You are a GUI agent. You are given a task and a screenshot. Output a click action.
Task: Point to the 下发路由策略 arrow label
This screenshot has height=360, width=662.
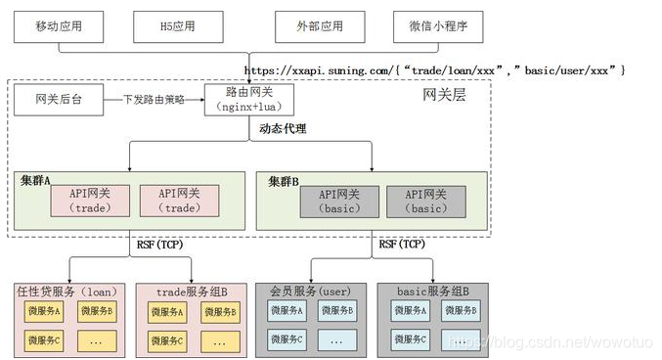point(154,99)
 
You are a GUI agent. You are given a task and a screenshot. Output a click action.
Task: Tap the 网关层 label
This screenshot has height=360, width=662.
point(444,95)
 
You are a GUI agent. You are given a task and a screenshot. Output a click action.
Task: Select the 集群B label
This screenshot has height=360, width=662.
point(284,180)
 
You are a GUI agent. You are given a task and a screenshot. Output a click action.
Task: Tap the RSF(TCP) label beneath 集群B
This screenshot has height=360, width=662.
point(401,244)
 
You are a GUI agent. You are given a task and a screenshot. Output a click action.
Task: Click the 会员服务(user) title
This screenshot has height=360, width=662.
point(310,291)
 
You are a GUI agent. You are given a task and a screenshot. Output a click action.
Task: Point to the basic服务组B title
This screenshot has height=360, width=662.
point(433,291)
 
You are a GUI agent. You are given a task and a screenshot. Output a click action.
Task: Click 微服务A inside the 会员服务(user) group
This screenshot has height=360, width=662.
point(287,310)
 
